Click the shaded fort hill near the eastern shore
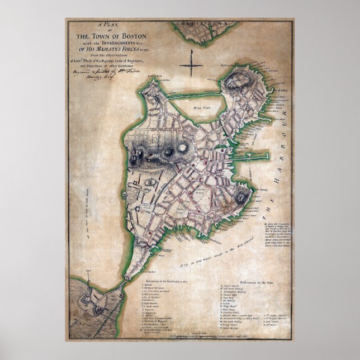(x=240, y=196)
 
